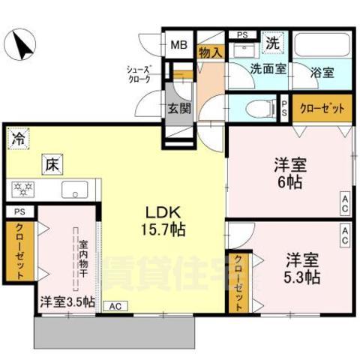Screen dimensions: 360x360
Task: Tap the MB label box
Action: (178, 43)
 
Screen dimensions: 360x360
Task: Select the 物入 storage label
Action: (209, 52)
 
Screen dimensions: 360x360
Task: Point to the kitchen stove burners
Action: (22, 188)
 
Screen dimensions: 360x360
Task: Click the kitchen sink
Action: (75, 188)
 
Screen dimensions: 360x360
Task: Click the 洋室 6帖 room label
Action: (289, 173)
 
